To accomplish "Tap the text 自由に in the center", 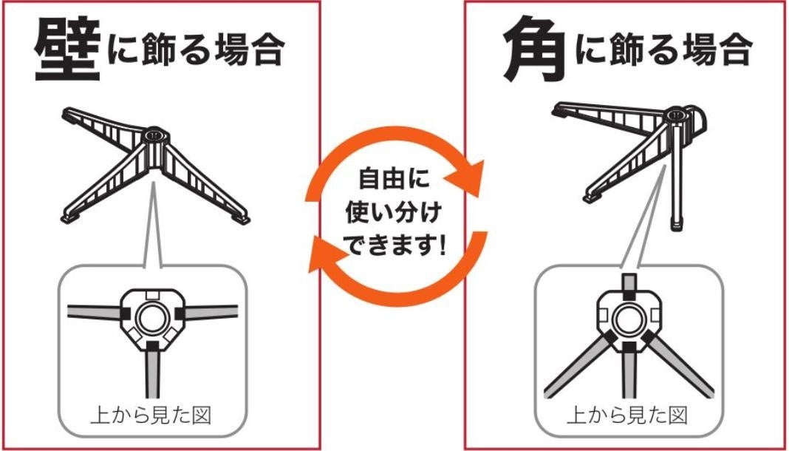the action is (x=394, y=180).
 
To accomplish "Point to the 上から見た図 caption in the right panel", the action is (x=627, y=416).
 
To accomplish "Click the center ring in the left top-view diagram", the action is (x=152, y=319).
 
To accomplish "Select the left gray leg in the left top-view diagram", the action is (x=94, y=312).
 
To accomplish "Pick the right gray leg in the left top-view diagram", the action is (x=211, y=312).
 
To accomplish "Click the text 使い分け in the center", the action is (x=394, y=213).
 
